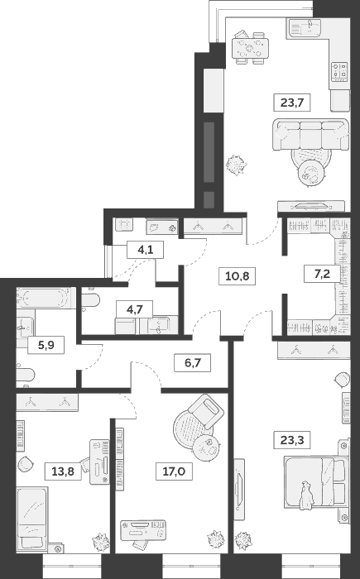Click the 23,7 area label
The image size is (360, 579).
pyautogui.click(x=291, y=103)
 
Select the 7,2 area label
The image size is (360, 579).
pyautogui.click(x=322, y=274)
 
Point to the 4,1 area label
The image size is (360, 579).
pyautogui.click(x=146, y=250)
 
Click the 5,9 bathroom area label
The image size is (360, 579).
pyautogui.click(x=46, y=345)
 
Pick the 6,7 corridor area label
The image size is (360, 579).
pyautogui.click(x=193, y=363)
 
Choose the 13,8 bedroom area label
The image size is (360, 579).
pyautogui.click(x=63, y=471)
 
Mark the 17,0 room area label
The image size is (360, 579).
pyautogui.click(x=174, y=471)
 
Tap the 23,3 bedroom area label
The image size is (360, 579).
pyautogui.click(x=292, y=440)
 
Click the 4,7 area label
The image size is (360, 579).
pyautogui.click(x=135, y=309)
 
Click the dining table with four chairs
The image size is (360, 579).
pyautogui.click(x=249, y=47)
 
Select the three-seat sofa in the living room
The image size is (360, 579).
pyautogui.click(x=311, y=135)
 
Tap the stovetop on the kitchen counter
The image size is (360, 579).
pyautogui.click(x=339, y=71)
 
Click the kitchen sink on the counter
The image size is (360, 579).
pyautogui.click(x=305, y=27)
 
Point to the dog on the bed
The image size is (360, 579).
pyautogui.click(x=306, y=496)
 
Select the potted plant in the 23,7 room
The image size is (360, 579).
pyautogui.click(x=236, y=165)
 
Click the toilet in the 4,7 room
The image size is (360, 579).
pyautogui.click(x=90, y=299)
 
